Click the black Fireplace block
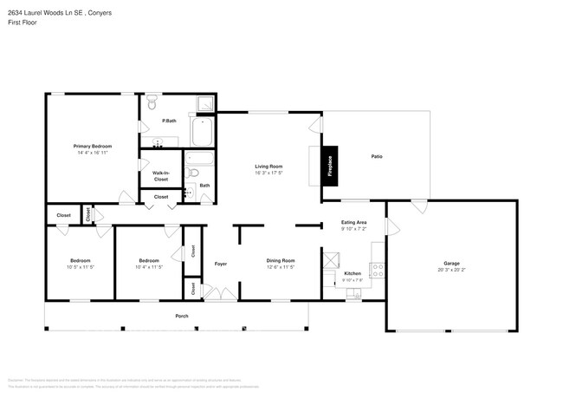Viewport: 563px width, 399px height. pyautogui.click(x=330, y=165)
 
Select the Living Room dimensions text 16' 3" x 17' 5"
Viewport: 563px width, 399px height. pyautogui.click(x=269, y=172)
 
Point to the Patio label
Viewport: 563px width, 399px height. pyautogui.click(x=377, y=156)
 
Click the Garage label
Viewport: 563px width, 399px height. pyautogui.click(x=451, y=263)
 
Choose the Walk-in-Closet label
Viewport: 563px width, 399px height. pyautogui.click(x=160, y=176)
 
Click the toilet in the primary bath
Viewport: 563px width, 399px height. pyautogui.click(x=152, y=105)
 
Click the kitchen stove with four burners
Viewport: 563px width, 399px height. pyautogui.click(x=377, y=270)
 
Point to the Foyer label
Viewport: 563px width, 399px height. pyautogui.click(x=221, y=264)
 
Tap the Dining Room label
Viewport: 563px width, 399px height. pyautogui.click(x=281, y=260)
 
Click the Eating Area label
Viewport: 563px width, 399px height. pyautogui.click(x=353, y=223)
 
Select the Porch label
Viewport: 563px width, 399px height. pyautogui.click(x=182, y=316)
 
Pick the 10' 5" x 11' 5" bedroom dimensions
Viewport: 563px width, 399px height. pyautogui.click(x=80, y=267)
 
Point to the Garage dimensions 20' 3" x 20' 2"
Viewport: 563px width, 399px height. pyautogui.click(x=451, y=270)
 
